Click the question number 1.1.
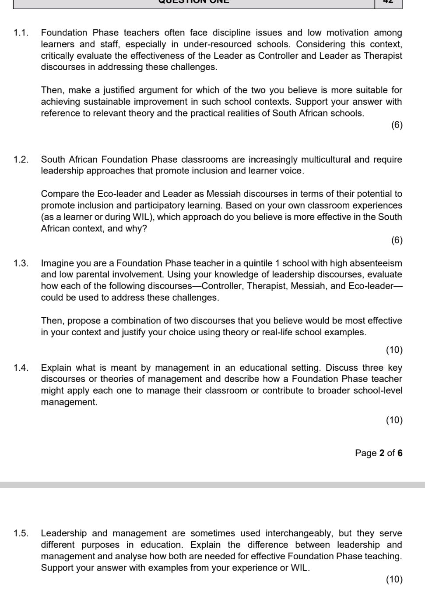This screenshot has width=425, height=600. pos(21,33)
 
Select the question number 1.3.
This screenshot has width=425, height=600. pos(21,263)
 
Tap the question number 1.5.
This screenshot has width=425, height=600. pos(21,533)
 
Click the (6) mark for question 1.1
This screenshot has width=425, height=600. pos(397,125)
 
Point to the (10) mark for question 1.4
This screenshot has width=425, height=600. pos(394,420)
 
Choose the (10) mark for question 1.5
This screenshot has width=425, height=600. pos(394,579)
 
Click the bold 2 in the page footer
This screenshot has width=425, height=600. pos(382,453)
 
